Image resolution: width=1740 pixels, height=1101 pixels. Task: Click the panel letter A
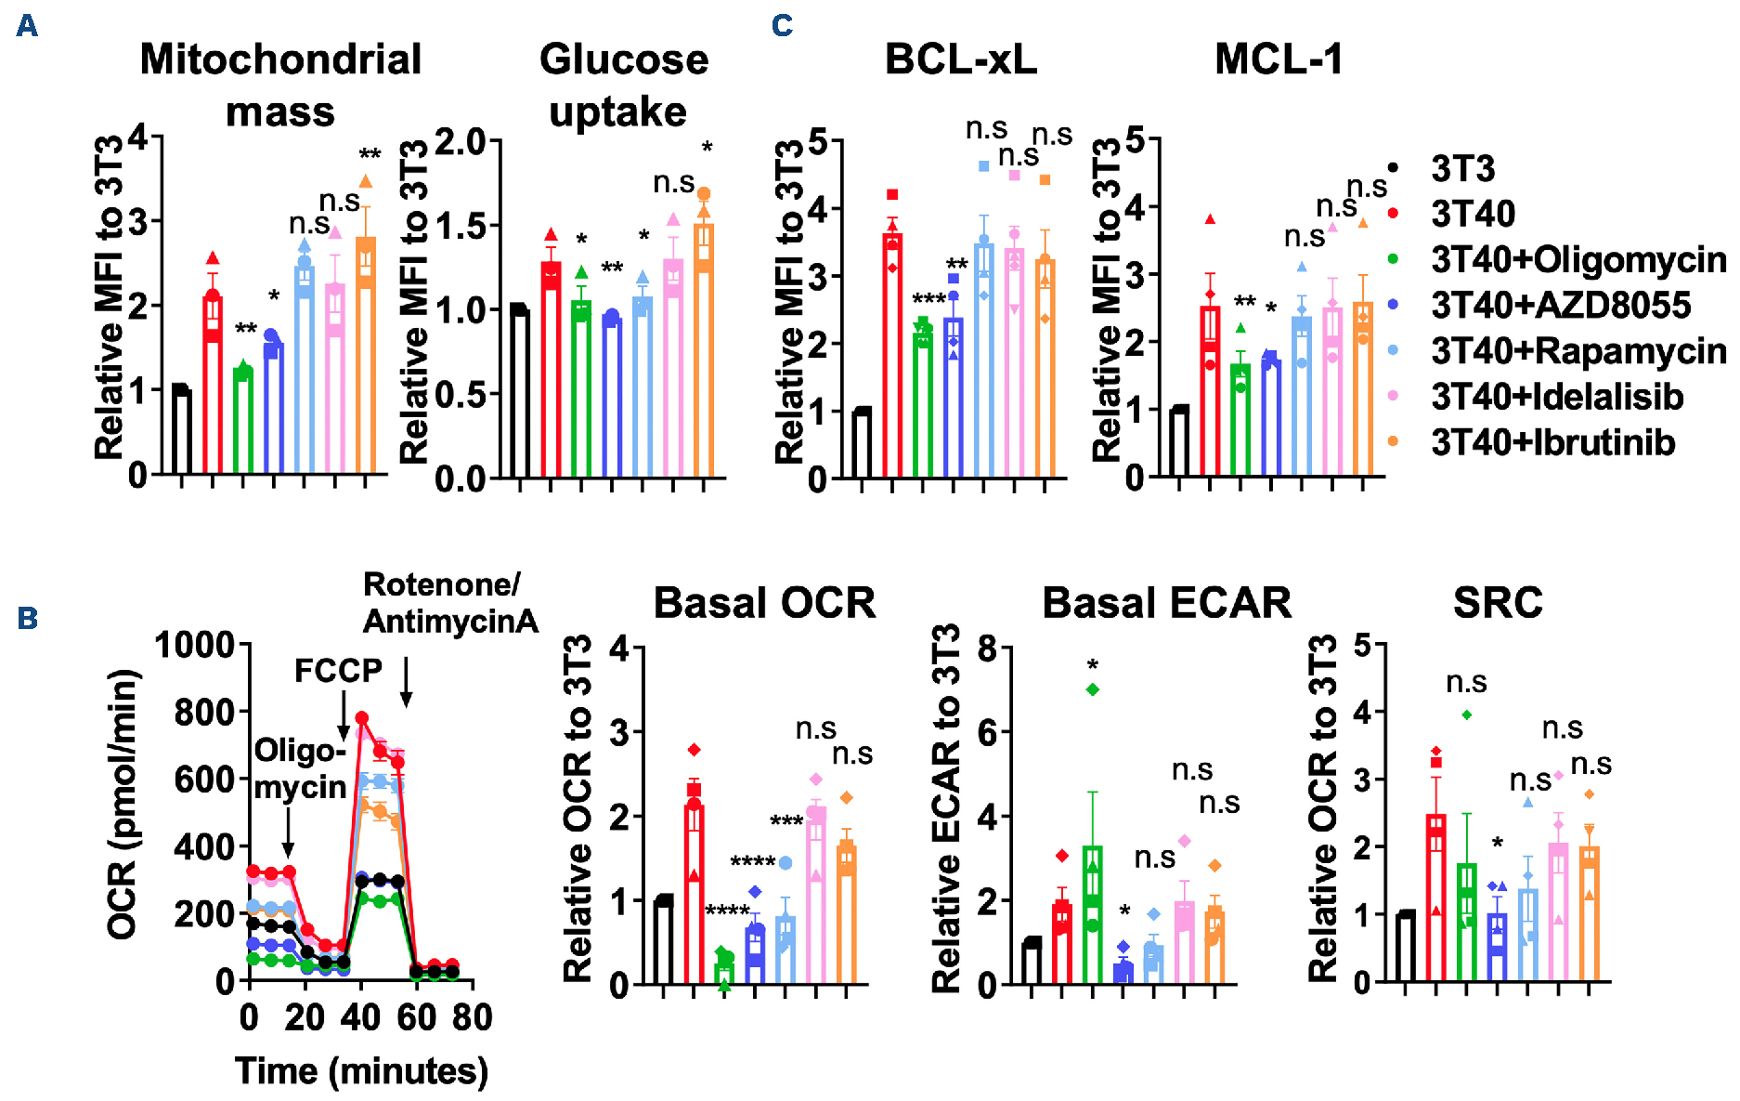pyautogui.click(x=27, y=25)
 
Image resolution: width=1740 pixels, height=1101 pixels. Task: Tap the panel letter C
pyautogui.click(x=782, y=25)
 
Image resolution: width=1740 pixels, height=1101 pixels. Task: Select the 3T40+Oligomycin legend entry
pyautogui.click(x=1578, y=260)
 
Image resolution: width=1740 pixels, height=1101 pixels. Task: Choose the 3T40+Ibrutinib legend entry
pyautogui.click(x=1552, y=442)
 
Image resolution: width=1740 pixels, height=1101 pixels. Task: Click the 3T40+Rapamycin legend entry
pyautogui.click(x=1578, y=351)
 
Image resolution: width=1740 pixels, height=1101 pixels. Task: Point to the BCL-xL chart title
pyautogui.click(x=960, y=59)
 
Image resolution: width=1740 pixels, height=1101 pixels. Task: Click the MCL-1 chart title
pyautogui.click(x=1279, y=59)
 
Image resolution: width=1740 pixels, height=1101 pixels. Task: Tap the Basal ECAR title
pyautogui.click(x=1166, y=603)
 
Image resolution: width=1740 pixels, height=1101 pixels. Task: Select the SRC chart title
pyautogui.click(x=1498, y=603)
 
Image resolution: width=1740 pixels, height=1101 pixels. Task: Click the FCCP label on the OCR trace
pyautogui.click(x=338, y=670)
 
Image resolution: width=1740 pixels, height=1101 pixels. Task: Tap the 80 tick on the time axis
pyautogui.click(x=472, y=1018)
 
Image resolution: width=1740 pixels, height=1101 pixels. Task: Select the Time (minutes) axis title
pyautogui.click(x=361, y=1071)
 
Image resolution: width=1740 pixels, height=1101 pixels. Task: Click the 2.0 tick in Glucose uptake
pyautogui.click(x=461, y=142)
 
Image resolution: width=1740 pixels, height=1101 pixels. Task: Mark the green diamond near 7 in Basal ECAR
pyautogui.click(x=1093, y=689)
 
